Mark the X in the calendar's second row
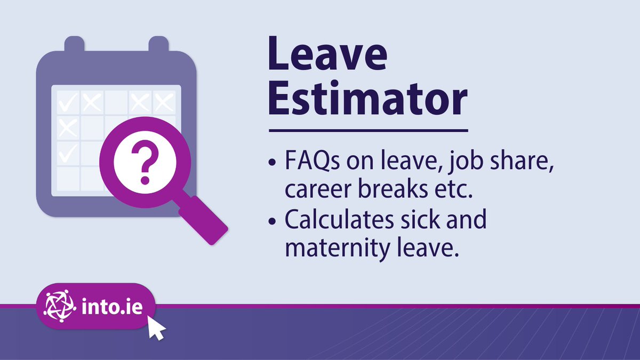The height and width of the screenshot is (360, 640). click(x=68, y=127)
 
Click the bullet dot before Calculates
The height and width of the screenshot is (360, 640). click(x=274, y=221)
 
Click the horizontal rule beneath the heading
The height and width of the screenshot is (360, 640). click(x=368, y=130)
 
